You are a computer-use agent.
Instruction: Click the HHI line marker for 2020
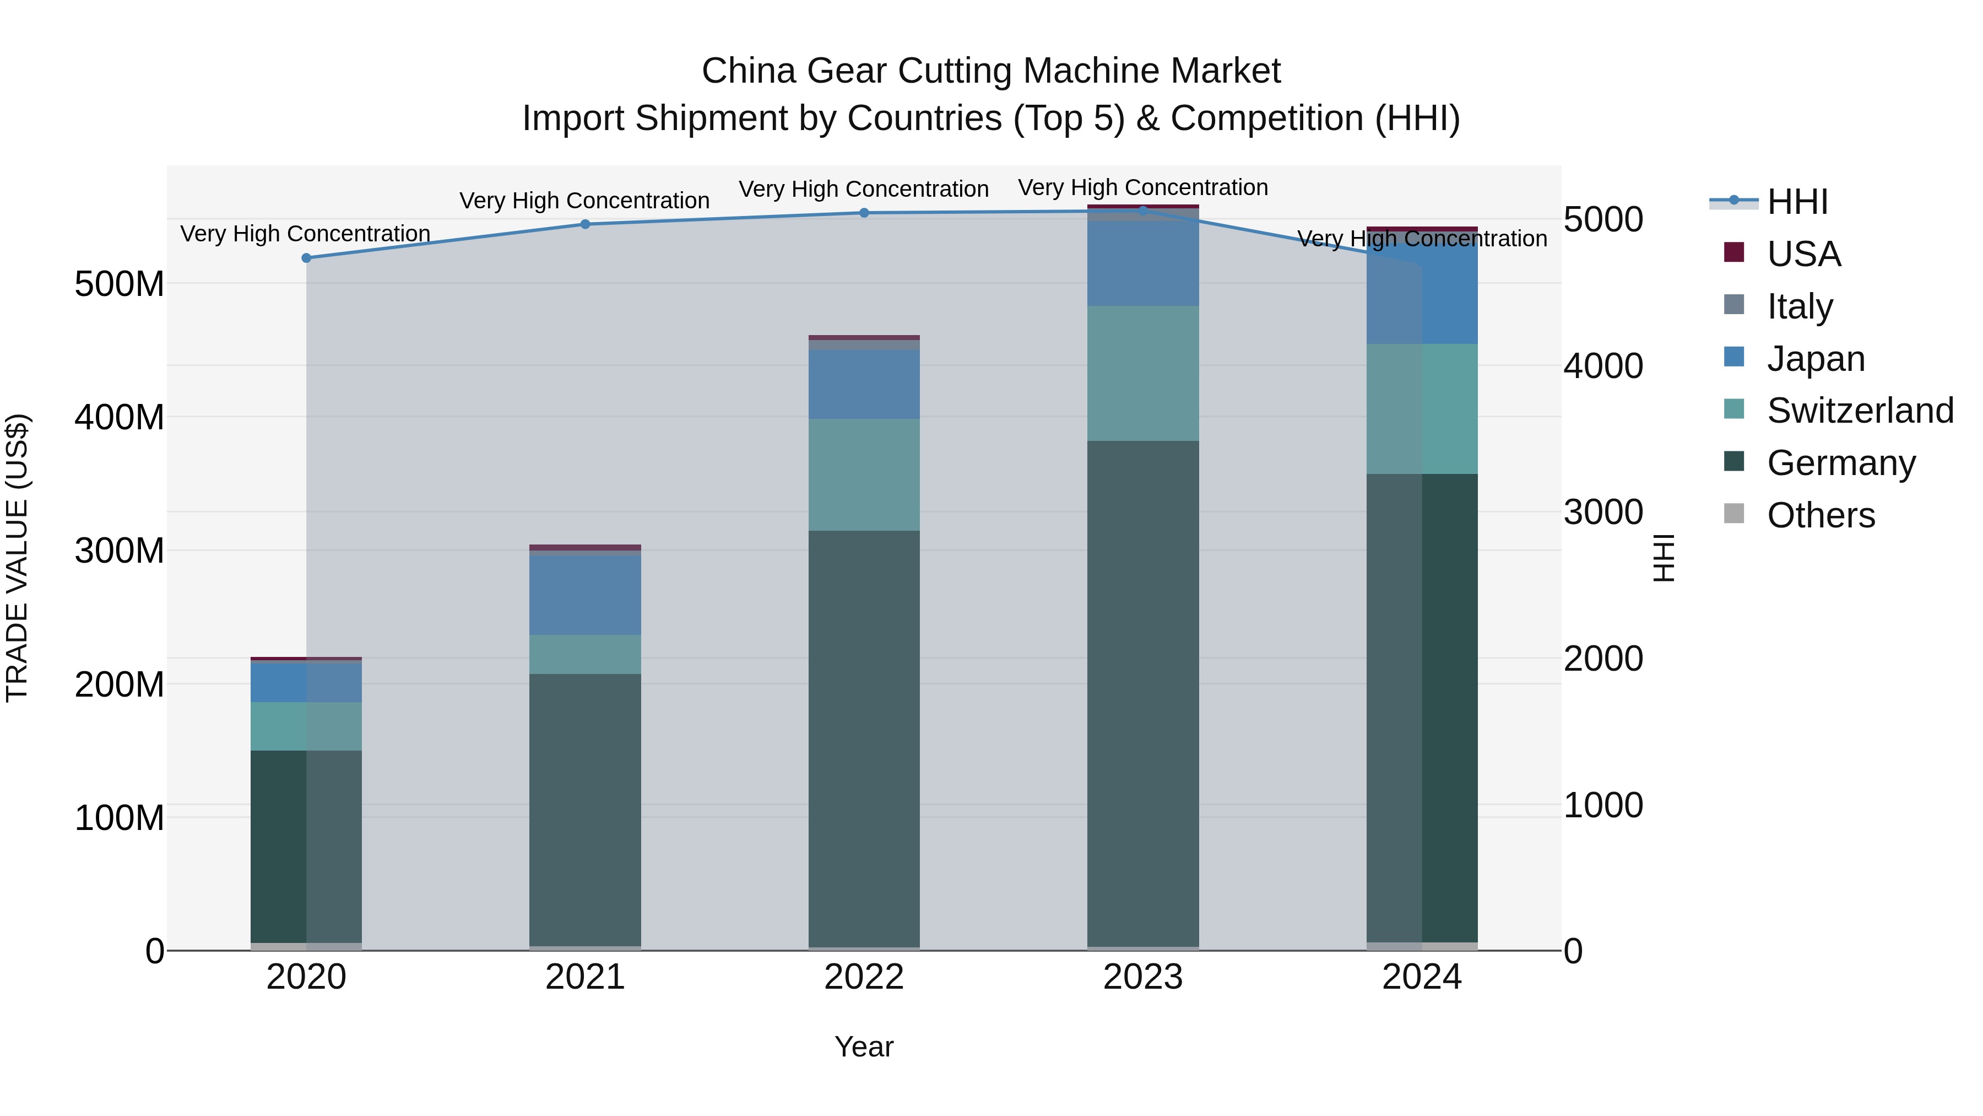click(x=306, y=258)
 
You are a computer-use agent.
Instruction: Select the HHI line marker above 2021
click(x=585, y=224)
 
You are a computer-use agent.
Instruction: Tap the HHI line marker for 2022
click(x=864, y=213)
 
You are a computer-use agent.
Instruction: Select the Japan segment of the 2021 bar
click(x=585, y=595)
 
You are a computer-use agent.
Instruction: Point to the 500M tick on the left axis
click(x=120, y=284)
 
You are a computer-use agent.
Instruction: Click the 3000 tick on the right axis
click(x=1603, y=512)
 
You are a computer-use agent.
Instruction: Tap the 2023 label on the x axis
click(x=1142, y=977)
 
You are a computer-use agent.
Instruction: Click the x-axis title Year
click(x=864, y=1047)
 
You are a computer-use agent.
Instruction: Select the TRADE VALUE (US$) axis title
click(x=17, y=558)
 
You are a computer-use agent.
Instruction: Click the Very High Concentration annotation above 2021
click(x=584, y=201)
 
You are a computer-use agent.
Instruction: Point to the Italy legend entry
click(x=1799, y=306)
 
